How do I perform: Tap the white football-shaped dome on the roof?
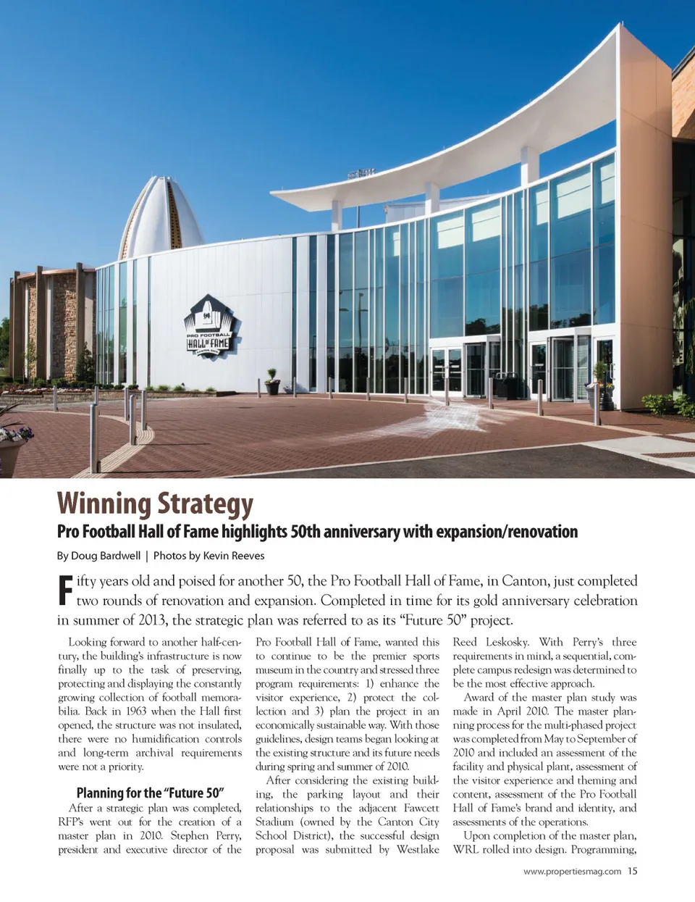161,217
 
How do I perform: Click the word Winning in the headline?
104,504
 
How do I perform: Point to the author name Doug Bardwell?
106,556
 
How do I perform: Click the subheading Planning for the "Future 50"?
150,793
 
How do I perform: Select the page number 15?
633,872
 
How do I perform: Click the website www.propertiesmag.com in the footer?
572,872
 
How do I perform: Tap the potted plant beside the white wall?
272,382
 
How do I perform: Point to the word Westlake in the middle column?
418,850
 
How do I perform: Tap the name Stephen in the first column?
190,836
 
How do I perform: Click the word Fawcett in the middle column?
421,809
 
